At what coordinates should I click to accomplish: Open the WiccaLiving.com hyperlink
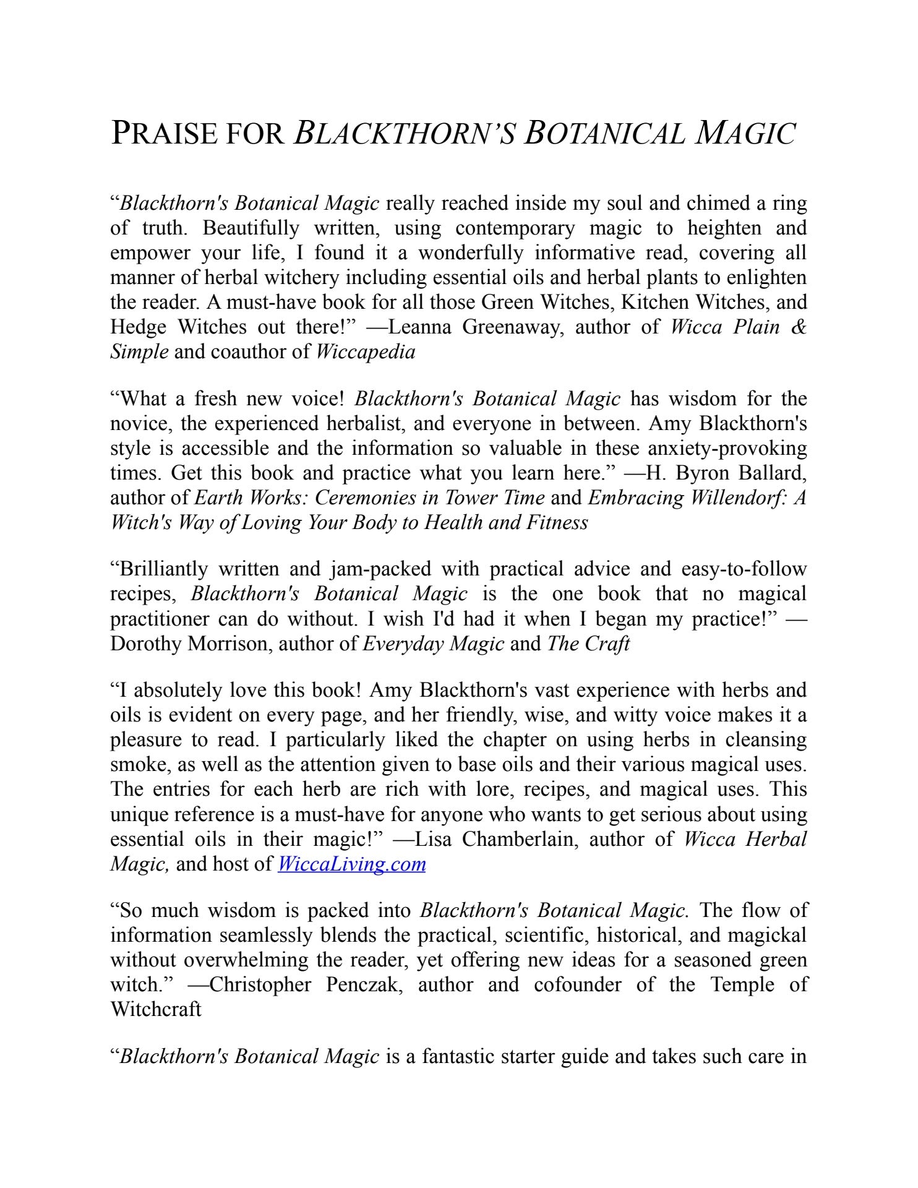[x=351, y=864]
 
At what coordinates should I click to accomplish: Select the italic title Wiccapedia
[x=366, y=352]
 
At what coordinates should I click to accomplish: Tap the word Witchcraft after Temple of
[x=155, y=1010]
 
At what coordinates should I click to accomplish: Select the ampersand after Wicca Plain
[x=799, y=327]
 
